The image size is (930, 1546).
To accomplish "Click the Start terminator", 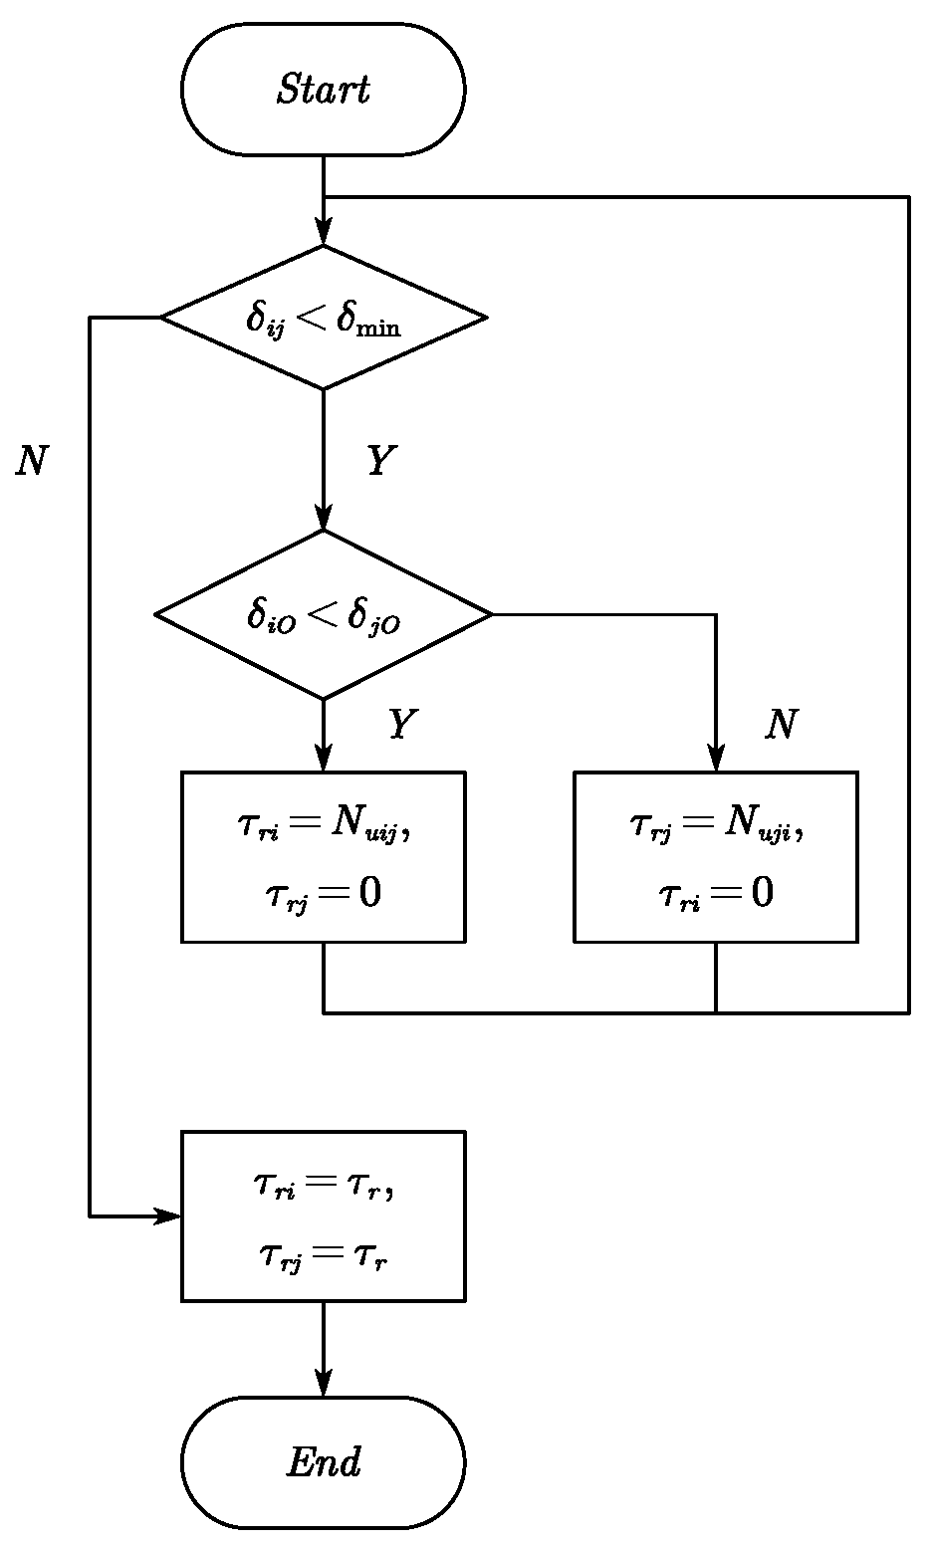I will point(324,90).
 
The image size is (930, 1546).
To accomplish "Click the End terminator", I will point(324,1461).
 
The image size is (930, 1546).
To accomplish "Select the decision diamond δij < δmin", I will point(324,318).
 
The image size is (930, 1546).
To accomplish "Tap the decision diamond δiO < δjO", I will point(324,614).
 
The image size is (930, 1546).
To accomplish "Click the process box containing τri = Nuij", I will point(324,856).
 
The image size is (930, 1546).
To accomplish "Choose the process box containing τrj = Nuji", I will point(715,856).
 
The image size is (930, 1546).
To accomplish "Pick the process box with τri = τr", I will point(324,1215).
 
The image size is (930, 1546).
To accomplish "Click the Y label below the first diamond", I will point(377,461).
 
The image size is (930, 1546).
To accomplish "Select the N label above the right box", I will point(781,726).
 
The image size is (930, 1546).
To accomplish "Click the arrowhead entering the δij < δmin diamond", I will point(324,234).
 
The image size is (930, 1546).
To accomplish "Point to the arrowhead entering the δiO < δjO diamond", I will point(324,519).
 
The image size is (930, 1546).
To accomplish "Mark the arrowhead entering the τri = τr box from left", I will point(169,1215).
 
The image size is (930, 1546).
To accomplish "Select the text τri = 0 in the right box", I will point(715,894).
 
